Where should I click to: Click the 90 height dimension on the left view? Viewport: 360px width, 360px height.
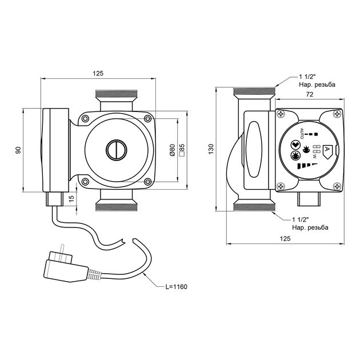pyautogui.click(x=18, y=150)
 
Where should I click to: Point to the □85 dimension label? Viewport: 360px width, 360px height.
pyautogui.click(x=182, y=150)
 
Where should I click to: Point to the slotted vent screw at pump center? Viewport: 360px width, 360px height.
pyautogui.click(x=114, y=150)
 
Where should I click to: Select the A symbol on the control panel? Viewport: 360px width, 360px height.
pyautogui.click(x=327, y=150)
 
